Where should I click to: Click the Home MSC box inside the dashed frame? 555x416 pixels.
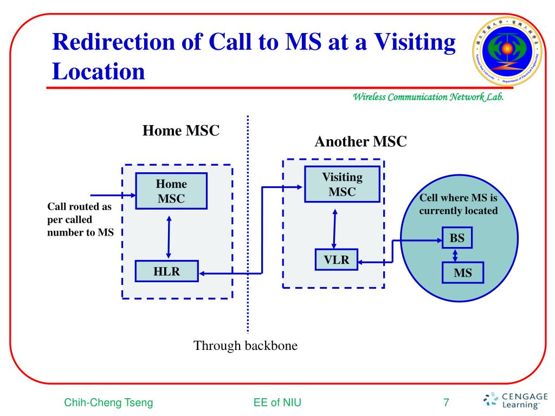[x=171, y=191]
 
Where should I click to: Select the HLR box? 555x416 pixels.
[x=166, y=271]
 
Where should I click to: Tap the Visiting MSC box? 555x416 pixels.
[x=342, y=184]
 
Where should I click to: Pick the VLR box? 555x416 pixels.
[x=337, y=260]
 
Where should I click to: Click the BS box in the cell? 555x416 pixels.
[x=457, y=238]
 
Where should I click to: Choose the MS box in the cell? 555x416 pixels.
[x=462, y=273]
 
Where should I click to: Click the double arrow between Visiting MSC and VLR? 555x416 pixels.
[x=334, y=228]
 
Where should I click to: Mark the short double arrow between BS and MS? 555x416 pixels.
[x=456, y=255]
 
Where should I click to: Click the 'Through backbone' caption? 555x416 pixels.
[x=246, y=346]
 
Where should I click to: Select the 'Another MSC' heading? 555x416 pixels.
[x=360, y=142]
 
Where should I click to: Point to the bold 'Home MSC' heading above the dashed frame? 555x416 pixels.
[x=180, y=131]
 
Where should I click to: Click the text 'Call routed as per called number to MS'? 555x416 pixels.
[x=79, y=220]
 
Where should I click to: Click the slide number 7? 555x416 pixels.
[x=446, y=402]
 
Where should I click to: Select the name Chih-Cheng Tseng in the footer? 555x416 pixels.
[x=108, y=402]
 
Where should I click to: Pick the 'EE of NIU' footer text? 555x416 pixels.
[x=277, y=402]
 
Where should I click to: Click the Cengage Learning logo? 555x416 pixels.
[x=515, y=399]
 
